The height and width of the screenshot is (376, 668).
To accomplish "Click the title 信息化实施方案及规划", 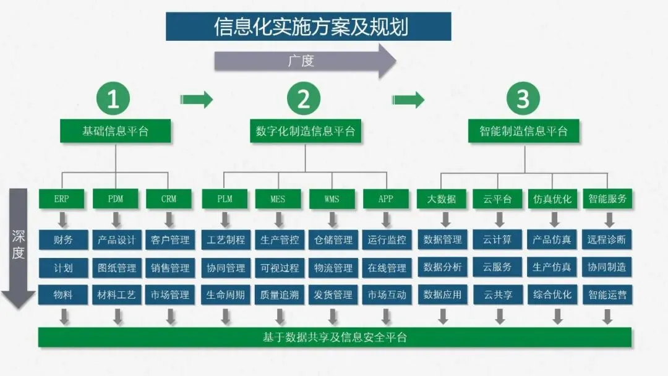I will pos(308,27).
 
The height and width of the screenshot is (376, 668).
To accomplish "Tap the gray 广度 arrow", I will pos(303,61).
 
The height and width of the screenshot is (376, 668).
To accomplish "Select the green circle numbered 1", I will pos(113,99).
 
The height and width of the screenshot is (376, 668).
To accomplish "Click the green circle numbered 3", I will pos(523,99).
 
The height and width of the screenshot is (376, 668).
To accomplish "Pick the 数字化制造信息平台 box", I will pos(306,131).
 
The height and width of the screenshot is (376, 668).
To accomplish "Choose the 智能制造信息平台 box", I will pos(523,131).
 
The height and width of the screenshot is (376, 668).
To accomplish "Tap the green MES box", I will pos(278,199).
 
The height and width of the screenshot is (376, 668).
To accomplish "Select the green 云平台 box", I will pos(497,199).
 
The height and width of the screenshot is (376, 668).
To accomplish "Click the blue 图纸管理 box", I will pos(116,268).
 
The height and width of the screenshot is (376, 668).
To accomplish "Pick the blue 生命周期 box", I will pos(225,295).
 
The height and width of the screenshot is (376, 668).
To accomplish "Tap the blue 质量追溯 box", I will pos(279,295).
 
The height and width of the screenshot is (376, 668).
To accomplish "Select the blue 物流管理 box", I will pos(333,268).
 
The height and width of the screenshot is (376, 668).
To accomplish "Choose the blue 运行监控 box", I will pos(387,240).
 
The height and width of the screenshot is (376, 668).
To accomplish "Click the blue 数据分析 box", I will pos(443,268).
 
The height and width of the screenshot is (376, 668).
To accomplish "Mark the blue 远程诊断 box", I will pos(607,240).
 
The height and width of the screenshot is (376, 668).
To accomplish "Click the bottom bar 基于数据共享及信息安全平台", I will pos(335,337).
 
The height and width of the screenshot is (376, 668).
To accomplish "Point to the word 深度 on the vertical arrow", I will pos(18,245).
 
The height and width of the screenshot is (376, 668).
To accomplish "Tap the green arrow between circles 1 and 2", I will pos(196,99).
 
